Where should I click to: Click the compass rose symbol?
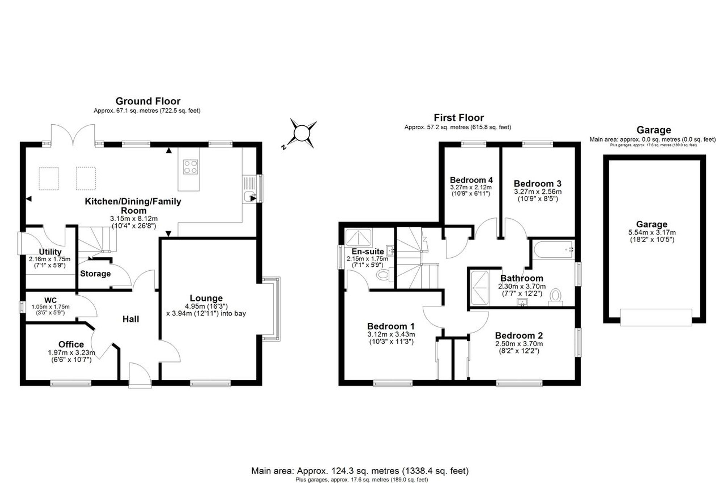[x=301, y=133]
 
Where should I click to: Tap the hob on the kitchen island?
[x=191, y=167]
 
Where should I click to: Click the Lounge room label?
[x=206, y=298]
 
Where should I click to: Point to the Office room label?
[x=71, y=344]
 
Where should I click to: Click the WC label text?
[x=50, y=300]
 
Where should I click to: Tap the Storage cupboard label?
[x=95, y=274]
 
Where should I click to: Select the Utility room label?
[x=50, y=252]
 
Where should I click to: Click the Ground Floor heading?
[x=148, y=101]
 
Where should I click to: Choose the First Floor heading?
[x=459, y=118]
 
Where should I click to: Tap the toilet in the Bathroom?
[x=555, y=297]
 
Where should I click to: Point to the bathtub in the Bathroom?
[x=554, y=250]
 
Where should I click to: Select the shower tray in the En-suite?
[x=359, y=238]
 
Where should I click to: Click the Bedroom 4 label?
[x=471, y=180]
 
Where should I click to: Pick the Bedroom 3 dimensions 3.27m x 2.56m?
[x=538, y=192]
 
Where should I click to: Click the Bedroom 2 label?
[x=519, y=336]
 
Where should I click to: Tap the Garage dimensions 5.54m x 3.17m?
[x=652, y=233]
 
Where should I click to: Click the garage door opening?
[x=656, y=317]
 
